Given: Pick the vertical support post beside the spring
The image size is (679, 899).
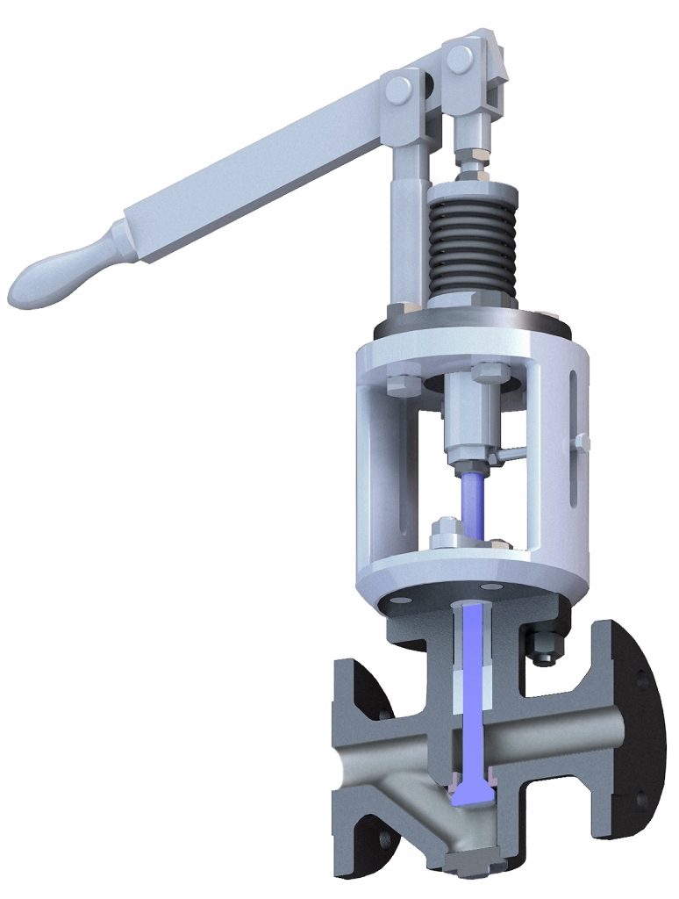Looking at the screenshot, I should pyautogui.click(x=406, y=219).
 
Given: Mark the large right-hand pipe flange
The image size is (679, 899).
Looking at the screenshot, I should pyautogui.click(x=632, y=729).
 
